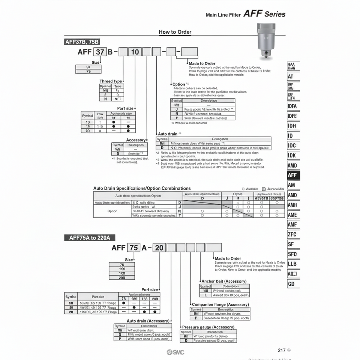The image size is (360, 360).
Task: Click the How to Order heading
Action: pyautogui.click(x=175, y=32)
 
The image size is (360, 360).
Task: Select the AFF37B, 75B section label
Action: pyautogui.click(x=82, y=42)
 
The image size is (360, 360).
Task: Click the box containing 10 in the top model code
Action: pyautogui.click(x=135, y=52)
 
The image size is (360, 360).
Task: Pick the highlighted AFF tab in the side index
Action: pyautogui.click(x=292, y=175)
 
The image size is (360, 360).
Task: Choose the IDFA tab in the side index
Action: pyautogui.click(x=292, y=106)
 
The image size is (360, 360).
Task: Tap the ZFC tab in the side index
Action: pyautogui.click(x=292, y=234)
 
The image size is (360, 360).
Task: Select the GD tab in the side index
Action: pyautogui.click(x=291, y=284)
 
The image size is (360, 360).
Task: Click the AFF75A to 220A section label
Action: pyautogui.click(x=90, y=237)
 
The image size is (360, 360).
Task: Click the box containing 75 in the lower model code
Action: pyautogui.click(x=133, y=247)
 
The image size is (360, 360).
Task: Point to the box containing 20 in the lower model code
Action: pyautogui.click(x=159, y=247)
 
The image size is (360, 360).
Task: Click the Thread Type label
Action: pyautogui.click(x=111, y=81)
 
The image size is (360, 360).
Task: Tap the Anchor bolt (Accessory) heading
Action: pyautogui.click(x=224, y=281)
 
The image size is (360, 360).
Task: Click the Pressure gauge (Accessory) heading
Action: pyautogui.click(x=208, y=327)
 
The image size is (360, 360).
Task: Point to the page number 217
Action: pyautogui.click(x=282, y=350)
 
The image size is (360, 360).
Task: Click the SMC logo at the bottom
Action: pyautogui.click(x=175, y=352)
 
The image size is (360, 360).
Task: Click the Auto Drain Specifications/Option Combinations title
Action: pyautogui.click(x=142, y=188)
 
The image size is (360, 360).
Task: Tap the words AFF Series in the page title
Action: pyautogui.click(x=264, y=14)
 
